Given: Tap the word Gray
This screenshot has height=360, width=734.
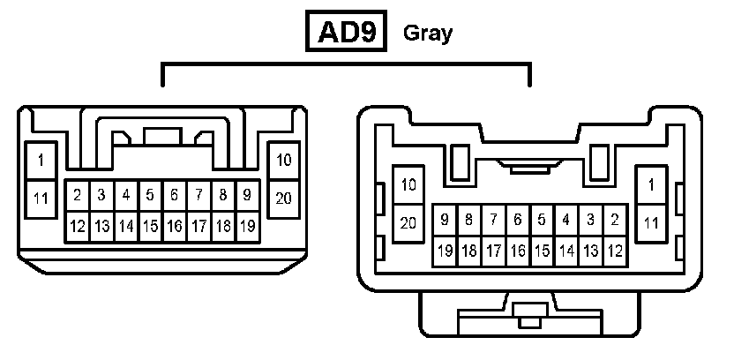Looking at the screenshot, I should coord(427,34).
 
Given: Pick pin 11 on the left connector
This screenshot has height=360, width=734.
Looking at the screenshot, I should coord(41,198).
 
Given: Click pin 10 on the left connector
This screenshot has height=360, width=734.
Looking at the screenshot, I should coord(283,161).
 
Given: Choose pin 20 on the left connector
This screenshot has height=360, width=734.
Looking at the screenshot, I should coord(283,198).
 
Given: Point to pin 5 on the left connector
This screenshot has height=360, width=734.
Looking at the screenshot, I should coord(151,194).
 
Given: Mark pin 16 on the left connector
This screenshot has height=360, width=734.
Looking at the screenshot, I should coord(175,227).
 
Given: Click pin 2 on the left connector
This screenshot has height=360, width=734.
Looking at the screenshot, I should coord(78,194).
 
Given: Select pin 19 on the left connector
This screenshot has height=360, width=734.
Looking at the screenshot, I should coord(248,227).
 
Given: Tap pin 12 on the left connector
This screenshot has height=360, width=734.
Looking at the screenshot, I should coord(78,227).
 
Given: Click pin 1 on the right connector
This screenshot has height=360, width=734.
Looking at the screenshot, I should coord(651,185).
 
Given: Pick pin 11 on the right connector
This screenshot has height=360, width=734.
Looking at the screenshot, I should coord(651,223).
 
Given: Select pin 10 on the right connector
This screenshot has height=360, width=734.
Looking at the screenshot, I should coord(408,185).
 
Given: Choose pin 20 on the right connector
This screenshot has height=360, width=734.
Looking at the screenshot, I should coord(408,223).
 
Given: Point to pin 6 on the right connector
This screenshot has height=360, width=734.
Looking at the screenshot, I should coord(518,219).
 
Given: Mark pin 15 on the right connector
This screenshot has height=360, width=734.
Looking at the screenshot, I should coord(542,251).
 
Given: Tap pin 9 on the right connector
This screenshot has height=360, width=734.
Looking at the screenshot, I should coord(445,219).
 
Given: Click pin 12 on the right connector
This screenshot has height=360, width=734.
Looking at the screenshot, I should coord(615,251).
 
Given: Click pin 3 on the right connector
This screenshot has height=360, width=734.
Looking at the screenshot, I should coord(590,219).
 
